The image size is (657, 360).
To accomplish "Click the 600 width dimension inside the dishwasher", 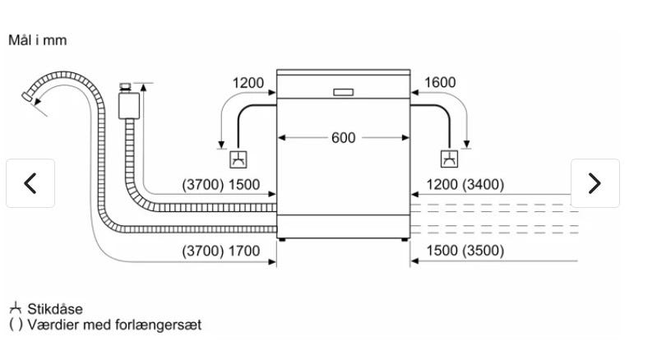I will (x=344, y=137).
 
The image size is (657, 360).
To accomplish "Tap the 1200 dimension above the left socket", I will (x=248, y=83).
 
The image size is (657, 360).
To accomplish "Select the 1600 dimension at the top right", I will (x=439, y=83).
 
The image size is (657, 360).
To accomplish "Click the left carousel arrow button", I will (x=30, y=183).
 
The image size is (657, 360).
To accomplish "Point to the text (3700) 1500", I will (x=220, y=185).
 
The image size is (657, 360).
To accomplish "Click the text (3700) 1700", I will (x=220, y=251).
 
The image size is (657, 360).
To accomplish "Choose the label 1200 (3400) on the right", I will (x=465, y=185).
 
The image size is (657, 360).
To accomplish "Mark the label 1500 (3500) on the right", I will (x=465, y=251).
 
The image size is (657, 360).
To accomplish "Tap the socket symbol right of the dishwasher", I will (x=449, y=159).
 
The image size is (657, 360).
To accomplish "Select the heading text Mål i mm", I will (x=37, y=39).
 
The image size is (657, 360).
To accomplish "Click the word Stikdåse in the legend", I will (x=55, y=309).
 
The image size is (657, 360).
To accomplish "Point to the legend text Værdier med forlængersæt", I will (x=114, y=325).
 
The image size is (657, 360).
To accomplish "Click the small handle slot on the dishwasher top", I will (x=344, y=90).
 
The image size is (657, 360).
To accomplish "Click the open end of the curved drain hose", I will (x=29, y=97).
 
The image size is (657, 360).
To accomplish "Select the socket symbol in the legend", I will (x=16, y=309).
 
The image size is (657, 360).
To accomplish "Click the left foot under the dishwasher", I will (x=284, y=240).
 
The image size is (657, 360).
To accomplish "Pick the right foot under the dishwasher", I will (x=404, y=240).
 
